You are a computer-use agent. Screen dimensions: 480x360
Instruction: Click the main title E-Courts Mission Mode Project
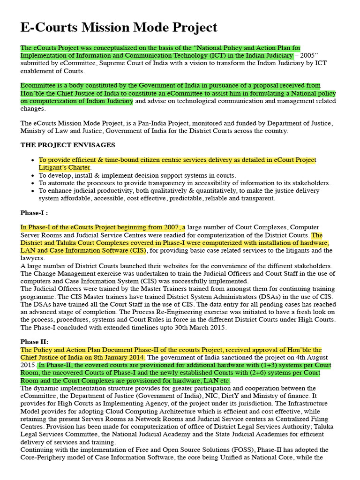(119, 28)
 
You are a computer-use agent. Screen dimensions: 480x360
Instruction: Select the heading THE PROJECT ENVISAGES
(67, 145)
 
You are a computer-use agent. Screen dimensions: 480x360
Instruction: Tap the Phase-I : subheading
(34, 213)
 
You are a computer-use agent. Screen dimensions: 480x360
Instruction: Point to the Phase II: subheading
(34, 342)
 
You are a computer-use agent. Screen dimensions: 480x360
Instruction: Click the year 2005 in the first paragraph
(308, 56)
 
